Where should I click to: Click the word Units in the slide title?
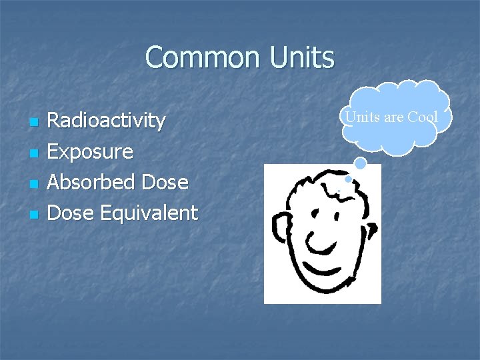pyautogui.click(x=302, y=57)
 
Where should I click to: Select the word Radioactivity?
pyautogui.click(x=106, y=121)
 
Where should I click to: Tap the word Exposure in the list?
pyautogui.click(x=90, y=151)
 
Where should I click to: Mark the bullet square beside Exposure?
pyautogui.click(x=33, y=153)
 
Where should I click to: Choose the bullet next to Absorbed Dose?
pyautogui.click(x=33, y=184)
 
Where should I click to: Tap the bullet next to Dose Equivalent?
pyautogui.click(x=33, y=215)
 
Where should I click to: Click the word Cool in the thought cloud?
pyautogui.click(x=423, y=117)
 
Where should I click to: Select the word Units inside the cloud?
pyautogui.click(x=361, y=117)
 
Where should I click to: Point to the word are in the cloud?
pyautogui.click(x=393, y=117)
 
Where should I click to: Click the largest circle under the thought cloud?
pyautogui.click(x=360, y=163)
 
